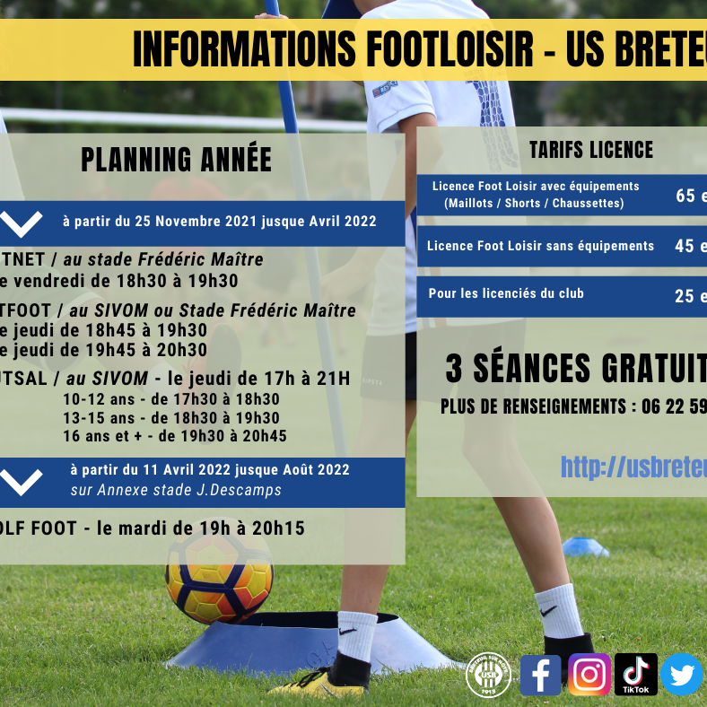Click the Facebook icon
coord(540,675)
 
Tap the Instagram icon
coord(589,675)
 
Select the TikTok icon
coord(636,675)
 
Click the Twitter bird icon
coord(682,675)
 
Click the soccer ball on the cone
coord(218,575)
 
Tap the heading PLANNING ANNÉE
coord(176,160)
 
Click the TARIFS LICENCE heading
coord(590,149)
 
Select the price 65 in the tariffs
coord(685,196)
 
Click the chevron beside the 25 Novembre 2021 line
coord(22,223)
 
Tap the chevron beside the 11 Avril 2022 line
coord(23,482)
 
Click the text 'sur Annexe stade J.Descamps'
coord(176,491)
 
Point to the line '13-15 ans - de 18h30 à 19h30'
coord(171,418)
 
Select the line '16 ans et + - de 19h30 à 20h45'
coord(174,436)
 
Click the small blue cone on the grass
coord(585,546)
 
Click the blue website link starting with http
coord(633,466)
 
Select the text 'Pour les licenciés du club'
coord(506,293)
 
